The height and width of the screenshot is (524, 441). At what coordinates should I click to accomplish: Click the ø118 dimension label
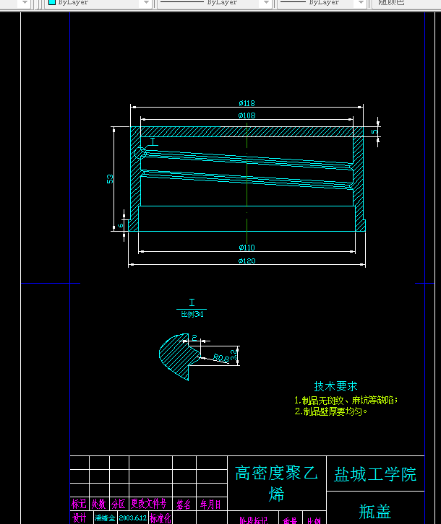247,103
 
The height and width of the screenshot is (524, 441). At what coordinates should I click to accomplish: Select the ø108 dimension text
247,115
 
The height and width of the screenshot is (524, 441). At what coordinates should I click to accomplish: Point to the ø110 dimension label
247,248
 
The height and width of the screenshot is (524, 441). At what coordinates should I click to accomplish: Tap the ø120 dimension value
247,261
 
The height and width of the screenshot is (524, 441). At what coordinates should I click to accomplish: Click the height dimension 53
110,178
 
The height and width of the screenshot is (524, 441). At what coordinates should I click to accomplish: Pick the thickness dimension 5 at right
374,132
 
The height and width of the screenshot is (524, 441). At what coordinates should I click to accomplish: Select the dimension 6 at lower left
121,224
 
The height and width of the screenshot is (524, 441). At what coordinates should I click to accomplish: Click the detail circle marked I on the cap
140,152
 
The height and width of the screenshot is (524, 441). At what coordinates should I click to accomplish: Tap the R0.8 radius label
220,357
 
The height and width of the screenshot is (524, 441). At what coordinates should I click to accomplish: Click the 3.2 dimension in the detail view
234,354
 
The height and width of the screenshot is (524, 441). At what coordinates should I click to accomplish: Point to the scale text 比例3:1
192,314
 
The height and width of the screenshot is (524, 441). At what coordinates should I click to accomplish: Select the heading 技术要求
335,387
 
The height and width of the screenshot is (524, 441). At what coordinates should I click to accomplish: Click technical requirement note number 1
346,400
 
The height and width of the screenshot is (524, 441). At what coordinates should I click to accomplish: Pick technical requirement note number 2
331,411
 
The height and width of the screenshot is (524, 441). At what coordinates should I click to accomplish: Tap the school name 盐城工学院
375,474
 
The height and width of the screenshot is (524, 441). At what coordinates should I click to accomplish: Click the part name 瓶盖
375,512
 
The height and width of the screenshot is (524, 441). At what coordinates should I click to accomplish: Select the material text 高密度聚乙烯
276,483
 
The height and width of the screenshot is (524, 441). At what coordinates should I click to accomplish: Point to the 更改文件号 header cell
149,504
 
